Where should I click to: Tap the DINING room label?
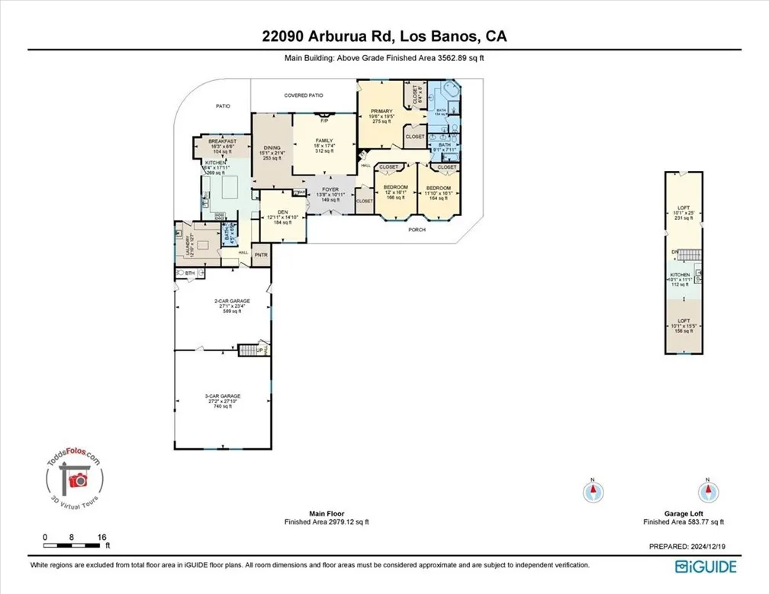[272, 148]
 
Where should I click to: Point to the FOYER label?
[330, 188]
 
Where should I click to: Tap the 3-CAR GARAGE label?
[221, 395]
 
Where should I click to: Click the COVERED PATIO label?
[304, 96]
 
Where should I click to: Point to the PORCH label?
[416, 229]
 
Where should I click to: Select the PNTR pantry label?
[260, 254]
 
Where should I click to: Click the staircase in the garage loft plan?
[689, 254]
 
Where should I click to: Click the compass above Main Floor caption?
[590, 490]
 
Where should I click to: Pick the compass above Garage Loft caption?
[708, 490]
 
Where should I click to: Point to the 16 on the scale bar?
[102, 537]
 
